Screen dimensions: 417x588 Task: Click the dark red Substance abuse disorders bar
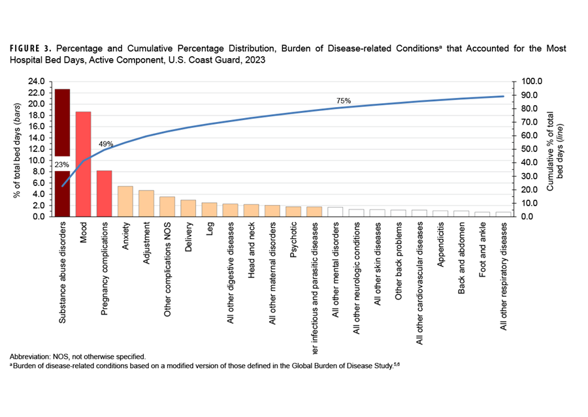click(x=62, y=124)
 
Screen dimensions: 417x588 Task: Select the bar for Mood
click(x=83, y=163)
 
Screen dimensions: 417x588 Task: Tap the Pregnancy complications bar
click(x=104, y=193)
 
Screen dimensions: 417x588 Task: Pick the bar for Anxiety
click(x=125, y=201)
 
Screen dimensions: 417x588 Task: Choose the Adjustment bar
click(x=146, y=203)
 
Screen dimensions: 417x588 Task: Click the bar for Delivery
click(x=188, y=208)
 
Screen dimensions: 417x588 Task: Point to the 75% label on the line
click(x=344, y=101)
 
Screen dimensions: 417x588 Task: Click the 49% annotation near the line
click(x=106, y=144)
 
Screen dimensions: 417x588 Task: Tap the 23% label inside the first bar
click(x=62, y=164)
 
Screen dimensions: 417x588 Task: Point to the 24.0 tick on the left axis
click(x=37, y=82)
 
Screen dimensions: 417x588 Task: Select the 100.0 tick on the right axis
click(x=526, y=82)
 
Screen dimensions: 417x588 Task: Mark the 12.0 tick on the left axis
click(x=37, y=149)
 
